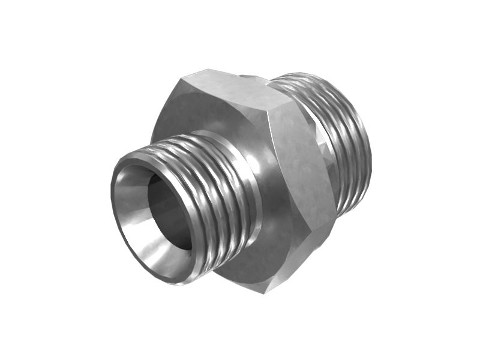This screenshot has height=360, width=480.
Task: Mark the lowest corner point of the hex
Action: [264, 292]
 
